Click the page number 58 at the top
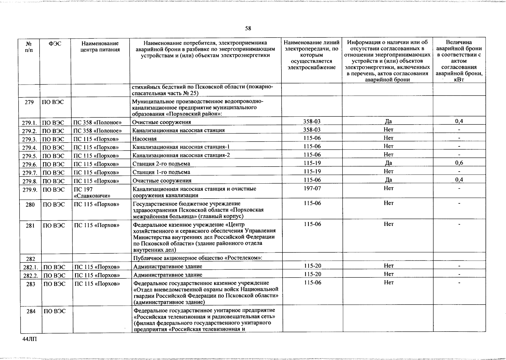click(x=248, y=28)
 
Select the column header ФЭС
click(x=55, y=43)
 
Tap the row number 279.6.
click(x=29, y=164)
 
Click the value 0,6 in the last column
click(x=459, y=163)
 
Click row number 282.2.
click(x=30, y=275)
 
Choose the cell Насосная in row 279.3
click(x=144, y=139)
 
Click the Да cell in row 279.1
click(x=388, y=121)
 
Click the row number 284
click(x=31, y=312)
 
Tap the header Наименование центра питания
click(x=100, y=46)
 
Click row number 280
click(x=30, y=205)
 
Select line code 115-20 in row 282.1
click(x=312, y=266)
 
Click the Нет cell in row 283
click(x=388, y=283)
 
